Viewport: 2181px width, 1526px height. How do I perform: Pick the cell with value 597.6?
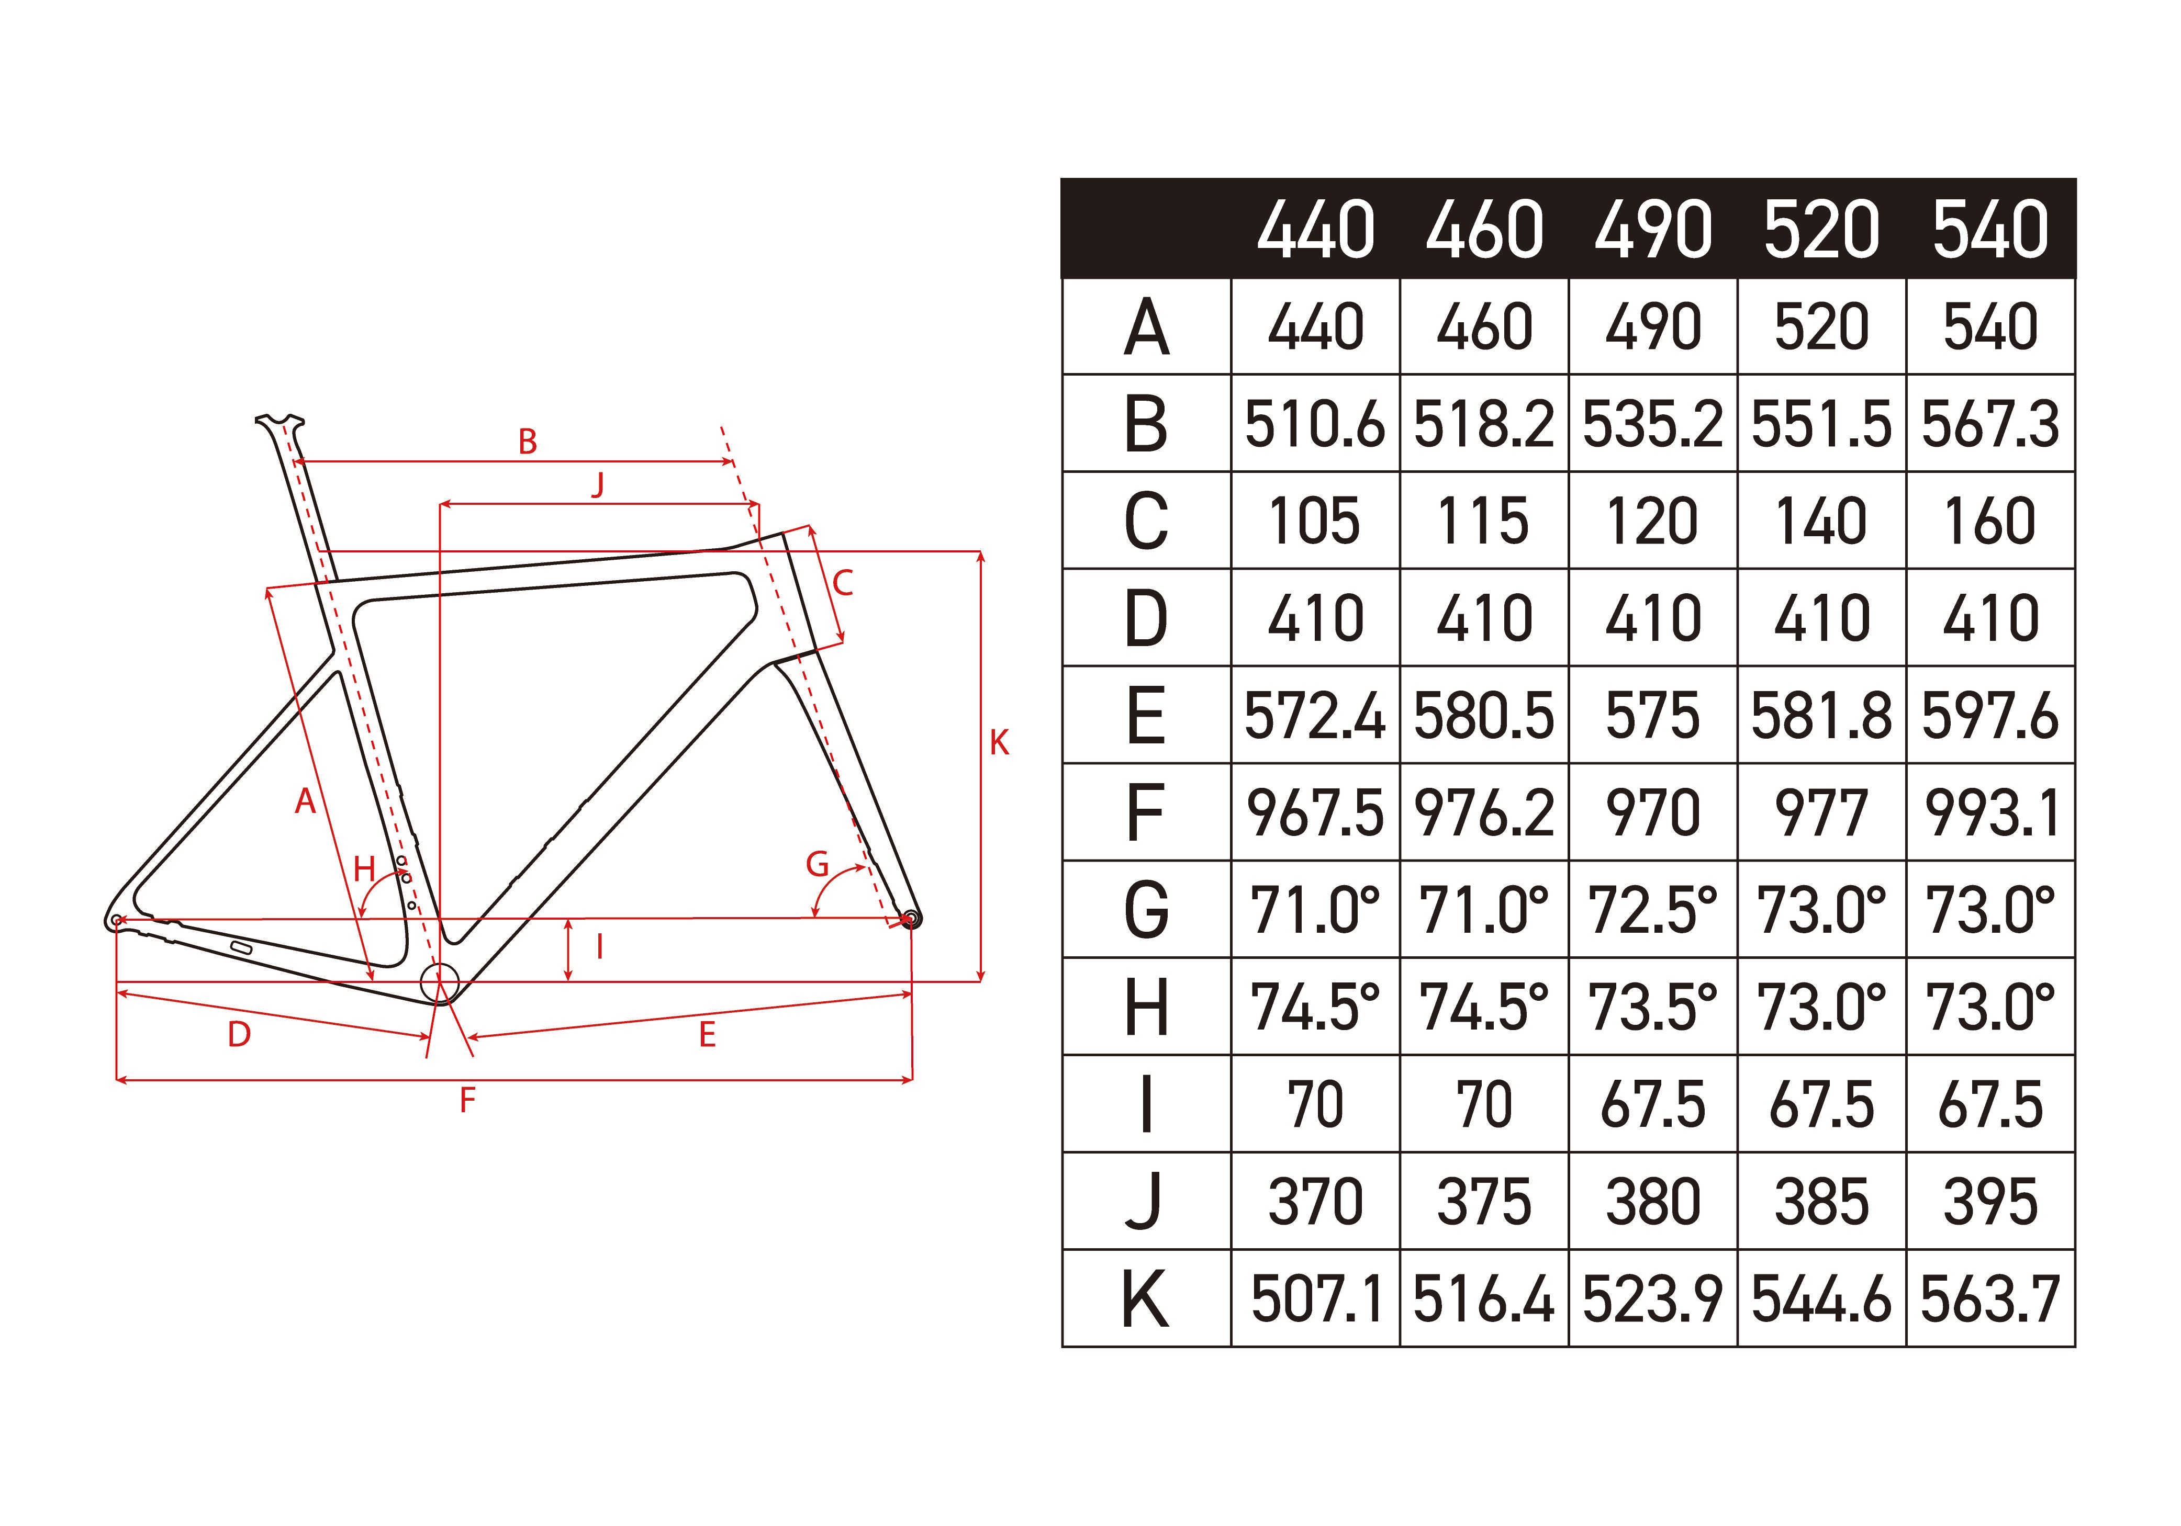[x=1990, y=715]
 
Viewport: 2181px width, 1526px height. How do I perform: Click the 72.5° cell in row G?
[x=1653, y=910]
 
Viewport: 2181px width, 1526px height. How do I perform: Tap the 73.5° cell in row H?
[x=1653, y=1007]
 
